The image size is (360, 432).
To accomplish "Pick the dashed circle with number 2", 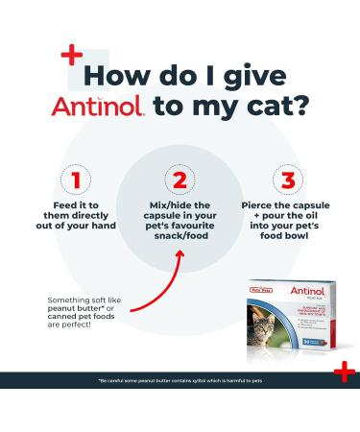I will (x=178, y=179).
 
